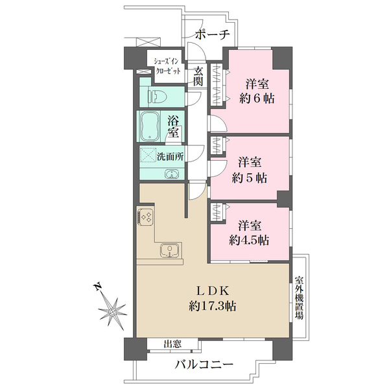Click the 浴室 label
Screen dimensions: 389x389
pyautogui.click(x=174, y=126)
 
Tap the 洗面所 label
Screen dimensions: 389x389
pyautogui.click(x=171, y=156)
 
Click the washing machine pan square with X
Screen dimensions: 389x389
pyautogui.click(x=148, y=156)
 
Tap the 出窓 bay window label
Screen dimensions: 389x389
pyautogui.click(x=172, y=345)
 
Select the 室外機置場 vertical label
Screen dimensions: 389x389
pyautogui.click(x=299, y=298)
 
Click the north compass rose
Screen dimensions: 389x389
pyautogui.click(x=113, y=312)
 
